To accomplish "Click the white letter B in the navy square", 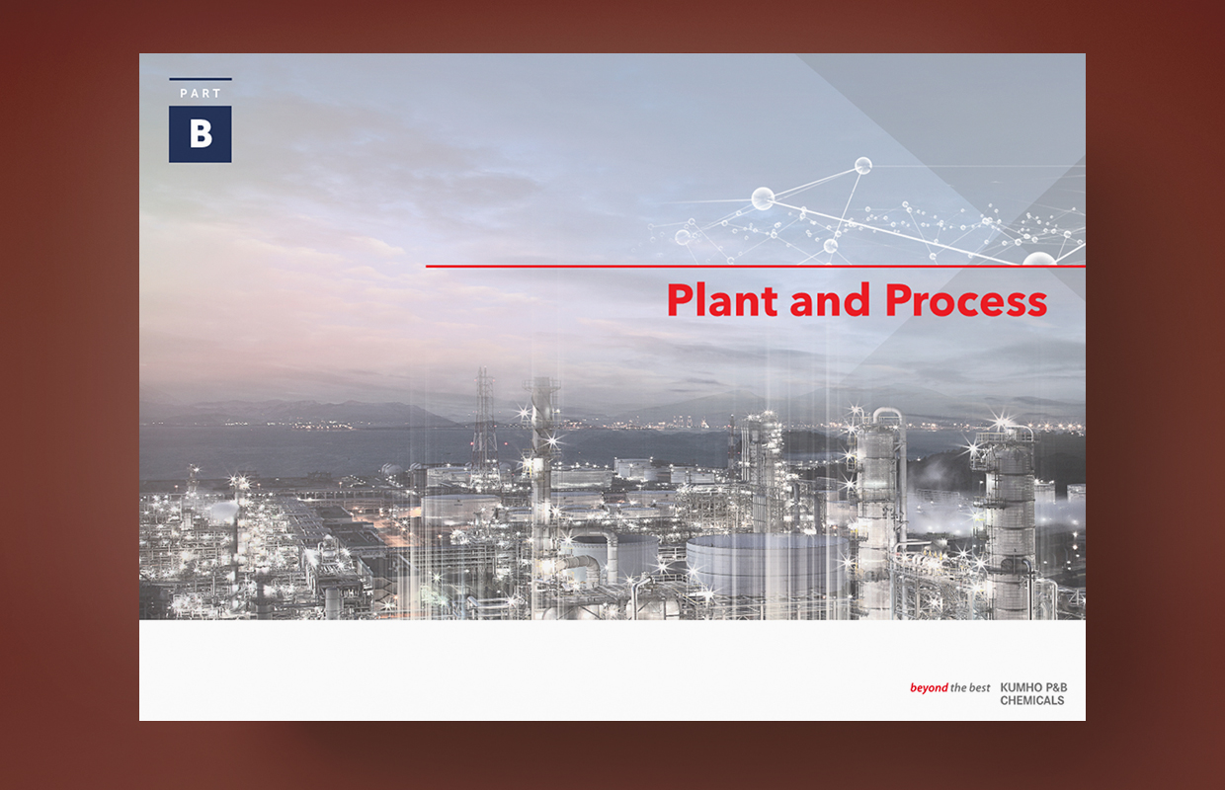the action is point(201,134).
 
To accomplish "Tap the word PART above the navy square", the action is point(201,94).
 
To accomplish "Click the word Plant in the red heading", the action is point(722,299).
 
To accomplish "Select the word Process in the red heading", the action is point(966,300).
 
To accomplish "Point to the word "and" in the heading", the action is point(830,299).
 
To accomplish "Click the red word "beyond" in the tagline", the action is point(929,687).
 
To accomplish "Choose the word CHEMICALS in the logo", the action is point(1032,700).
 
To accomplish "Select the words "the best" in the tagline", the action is point(970,687).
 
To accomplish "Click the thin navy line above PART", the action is point(201,79).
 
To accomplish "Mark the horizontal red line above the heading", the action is point(755,267).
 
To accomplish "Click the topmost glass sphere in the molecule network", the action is point(863,165).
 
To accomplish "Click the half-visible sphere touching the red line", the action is point(1039,259).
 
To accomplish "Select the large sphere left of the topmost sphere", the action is point(763,198).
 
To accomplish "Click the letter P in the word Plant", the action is point(682,299).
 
